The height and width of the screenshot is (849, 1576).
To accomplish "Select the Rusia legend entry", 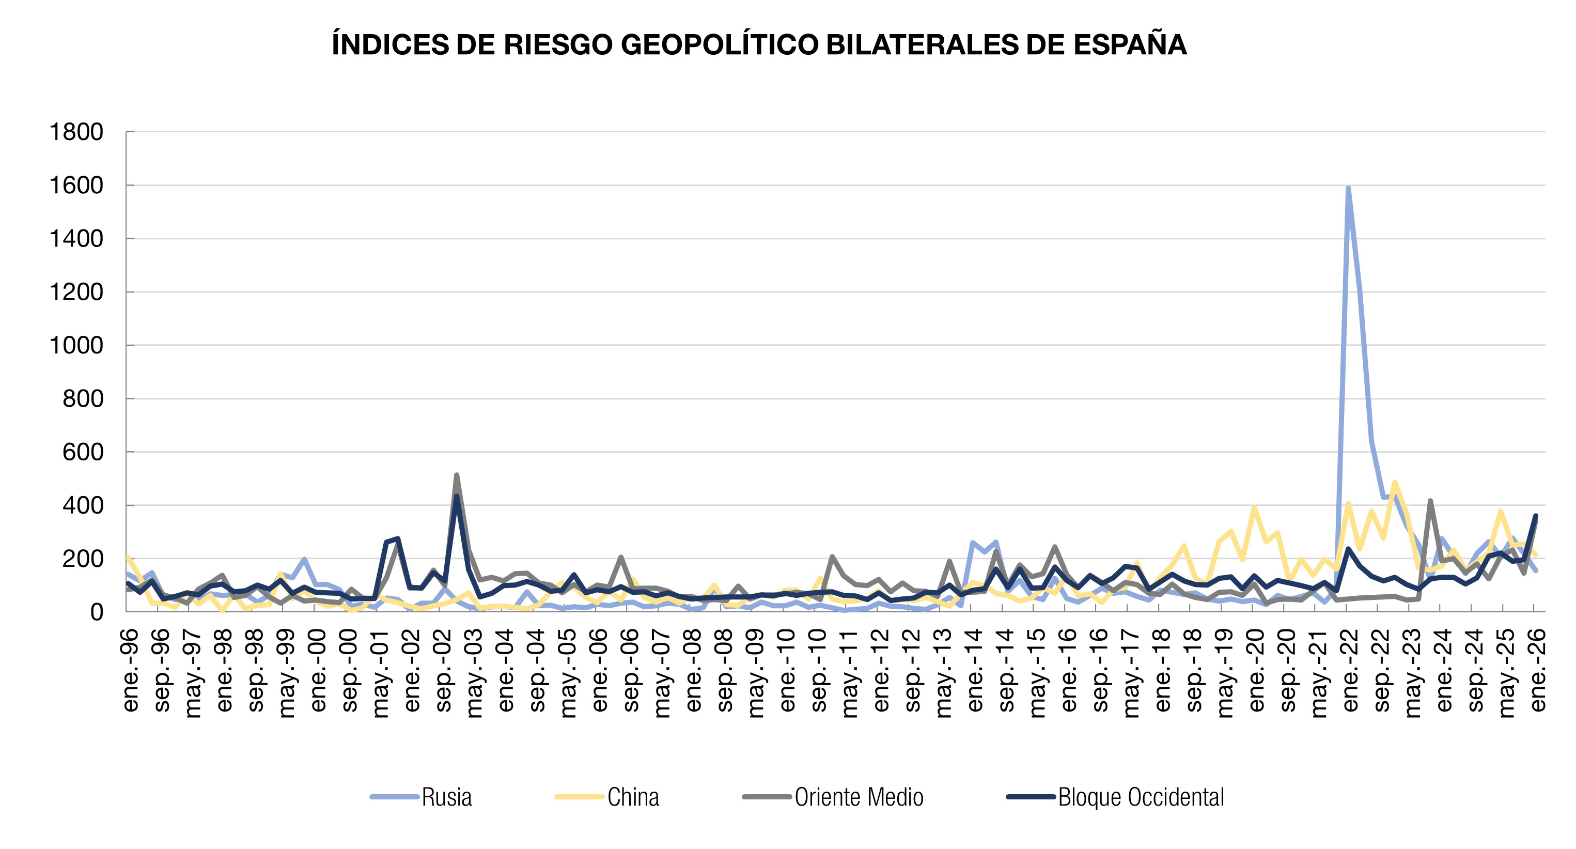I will [x=447, y=797].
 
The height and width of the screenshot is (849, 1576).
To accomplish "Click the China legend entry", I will [x=633, y=797].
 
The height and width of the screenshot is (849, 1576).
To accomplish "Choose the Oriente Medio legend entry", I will [x=859, y=797].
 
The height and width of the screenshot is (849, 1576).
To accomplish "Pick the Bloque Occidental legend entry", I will [x=1141, y=797].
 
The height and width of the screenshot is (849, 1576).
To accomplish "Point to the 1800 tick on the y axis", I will [x=76, y=132].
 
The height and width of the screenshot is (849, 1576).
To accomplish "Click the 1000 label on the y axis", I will [x=76, y=345].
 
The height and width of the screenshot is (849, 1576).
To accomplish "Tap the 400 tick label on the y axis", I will [x=83, y=505].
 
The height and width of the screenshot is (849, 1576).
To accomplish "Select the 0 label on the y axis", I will [x=97, y=612].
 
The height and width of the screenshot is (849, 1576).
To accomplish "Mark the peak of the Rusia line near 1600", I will [x=1348, y=189].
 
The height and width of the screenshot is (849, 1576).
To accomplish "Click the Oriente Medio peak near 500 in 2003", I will [x=457, y=475].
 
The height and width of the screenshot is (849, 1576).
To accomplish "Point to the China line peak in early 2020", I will [x=1254, y=507].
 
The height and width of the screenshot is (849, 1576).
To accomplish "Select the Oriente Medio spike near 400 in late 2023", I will [x=1430, y=501].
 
